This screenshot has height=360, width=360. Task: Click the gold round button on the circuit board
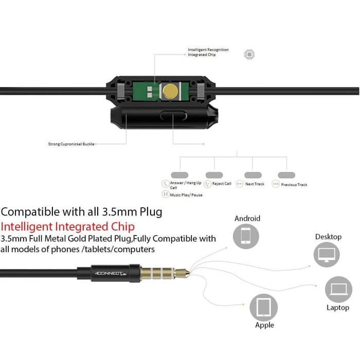169,92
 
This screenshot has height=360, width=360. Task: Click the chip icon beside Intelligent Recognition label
249,54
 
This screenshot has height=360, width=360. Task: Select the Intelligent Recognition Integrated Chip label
208,52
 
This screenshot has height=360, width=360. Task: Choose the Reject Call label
221,184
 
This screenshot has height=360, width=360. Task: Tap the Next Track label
255,184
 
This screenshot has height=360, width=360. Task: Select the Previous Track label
294,185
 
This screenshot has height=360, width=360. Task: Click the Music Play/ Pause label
186,194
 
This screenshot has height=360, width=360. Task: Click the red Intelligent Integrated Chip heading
68,226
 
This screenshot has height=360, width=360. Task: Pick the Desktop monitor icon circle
327,254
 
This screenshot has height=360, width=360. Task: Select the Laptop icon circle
338,290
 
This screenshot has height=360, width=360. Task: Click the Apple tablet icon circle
264,308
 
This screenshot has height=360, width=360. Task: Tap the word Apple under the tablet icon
264,325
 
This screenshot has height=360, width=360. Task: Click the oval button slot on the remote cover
173,116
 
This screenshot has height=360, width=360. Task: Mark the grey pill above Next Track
253,175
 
